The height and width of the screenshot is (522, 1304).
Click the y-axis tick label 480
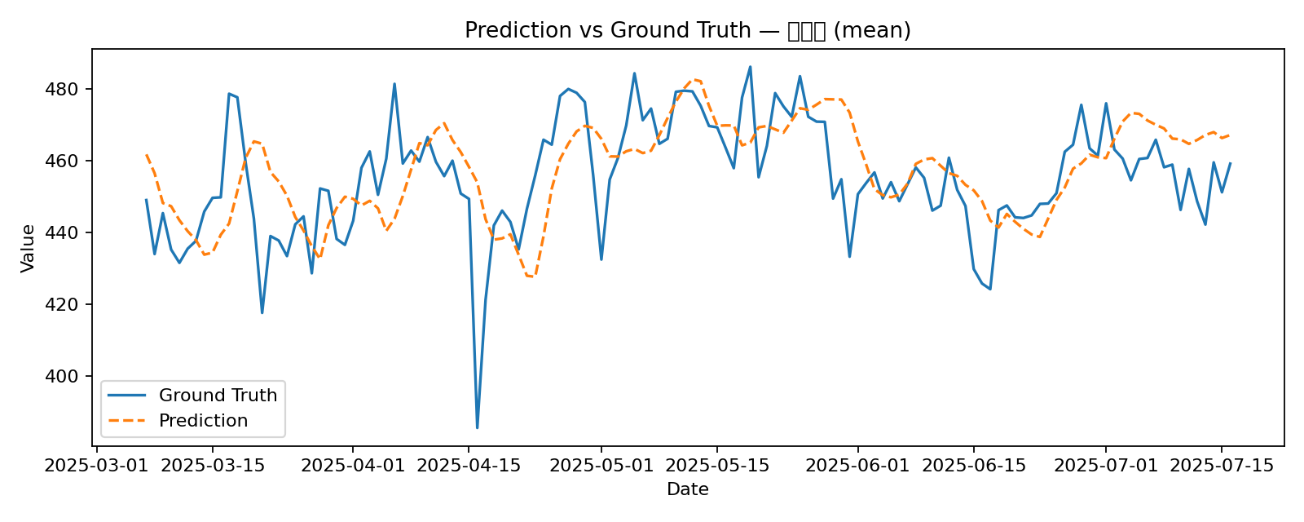tap(69, 89)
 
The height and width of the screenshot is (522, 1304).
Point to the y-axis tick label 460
tap(69, 161)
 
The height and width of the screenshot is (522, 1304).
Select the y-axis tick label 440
tap(69, 232)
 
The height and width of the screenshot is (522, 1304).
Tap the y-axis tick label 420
tap(69, 304)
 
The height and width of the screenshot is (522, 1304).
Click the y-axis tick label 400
tap(69, 376)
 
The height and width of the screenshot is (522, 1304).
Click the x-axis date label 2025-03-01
tap(97, 466)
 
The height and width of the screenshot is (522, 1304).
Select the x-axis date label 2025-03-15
tap(213, 466)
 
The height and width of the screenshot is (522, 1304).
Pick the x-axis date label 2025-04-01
tap(353, 466)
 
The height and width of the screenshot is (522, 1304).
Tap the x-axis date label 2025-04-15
tap(469, 466)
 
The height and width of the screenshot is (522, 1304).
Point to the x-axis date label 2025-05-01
tap(601, 466)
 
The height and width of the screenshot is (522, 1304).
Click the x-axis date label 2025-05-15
tap(716, 466)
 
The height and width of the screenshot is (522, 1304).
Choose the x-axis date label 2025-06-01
tap(857, 466)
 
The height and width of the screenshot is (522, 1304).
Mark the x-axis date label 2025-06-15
tap(973, 466)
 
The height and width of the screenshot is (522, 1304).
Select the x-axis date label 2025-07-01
tap(1105, 466)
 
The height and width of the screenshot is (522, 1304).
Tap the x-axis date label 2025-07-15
tap(1221, 466)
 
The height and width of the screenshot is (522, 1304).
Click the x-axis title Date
tap(688, 489)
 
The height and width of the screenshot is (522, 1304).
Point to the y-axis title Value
tap(28, 248)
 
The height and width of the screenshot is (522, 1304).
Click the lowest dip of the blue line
tap(477, 427)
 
